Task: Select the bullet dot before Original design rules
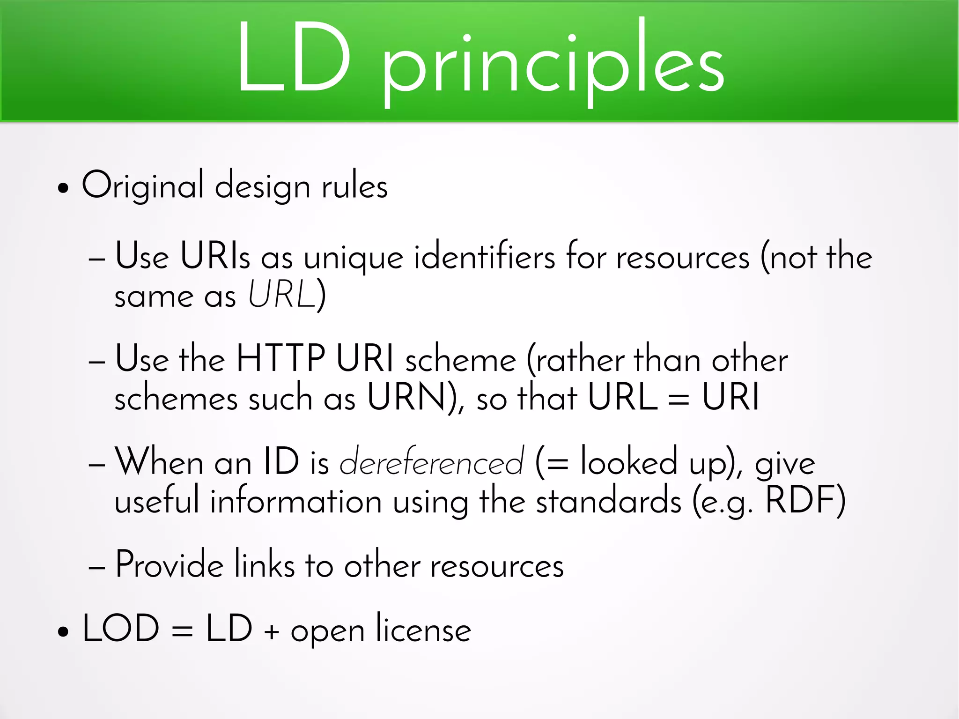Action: click(63, 189)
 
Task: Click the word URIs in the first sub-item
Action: click(215, 256)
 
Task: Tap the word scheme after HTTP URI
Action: click(461, 360)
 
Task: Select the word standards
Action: click(608, 501)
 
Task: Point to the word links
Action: click(265, 564)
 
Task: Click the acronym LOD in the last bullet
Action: click(121, 629)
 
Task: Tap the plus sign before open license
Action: click(272, 632)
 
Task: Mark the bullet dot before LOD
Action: click(63, 632)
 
